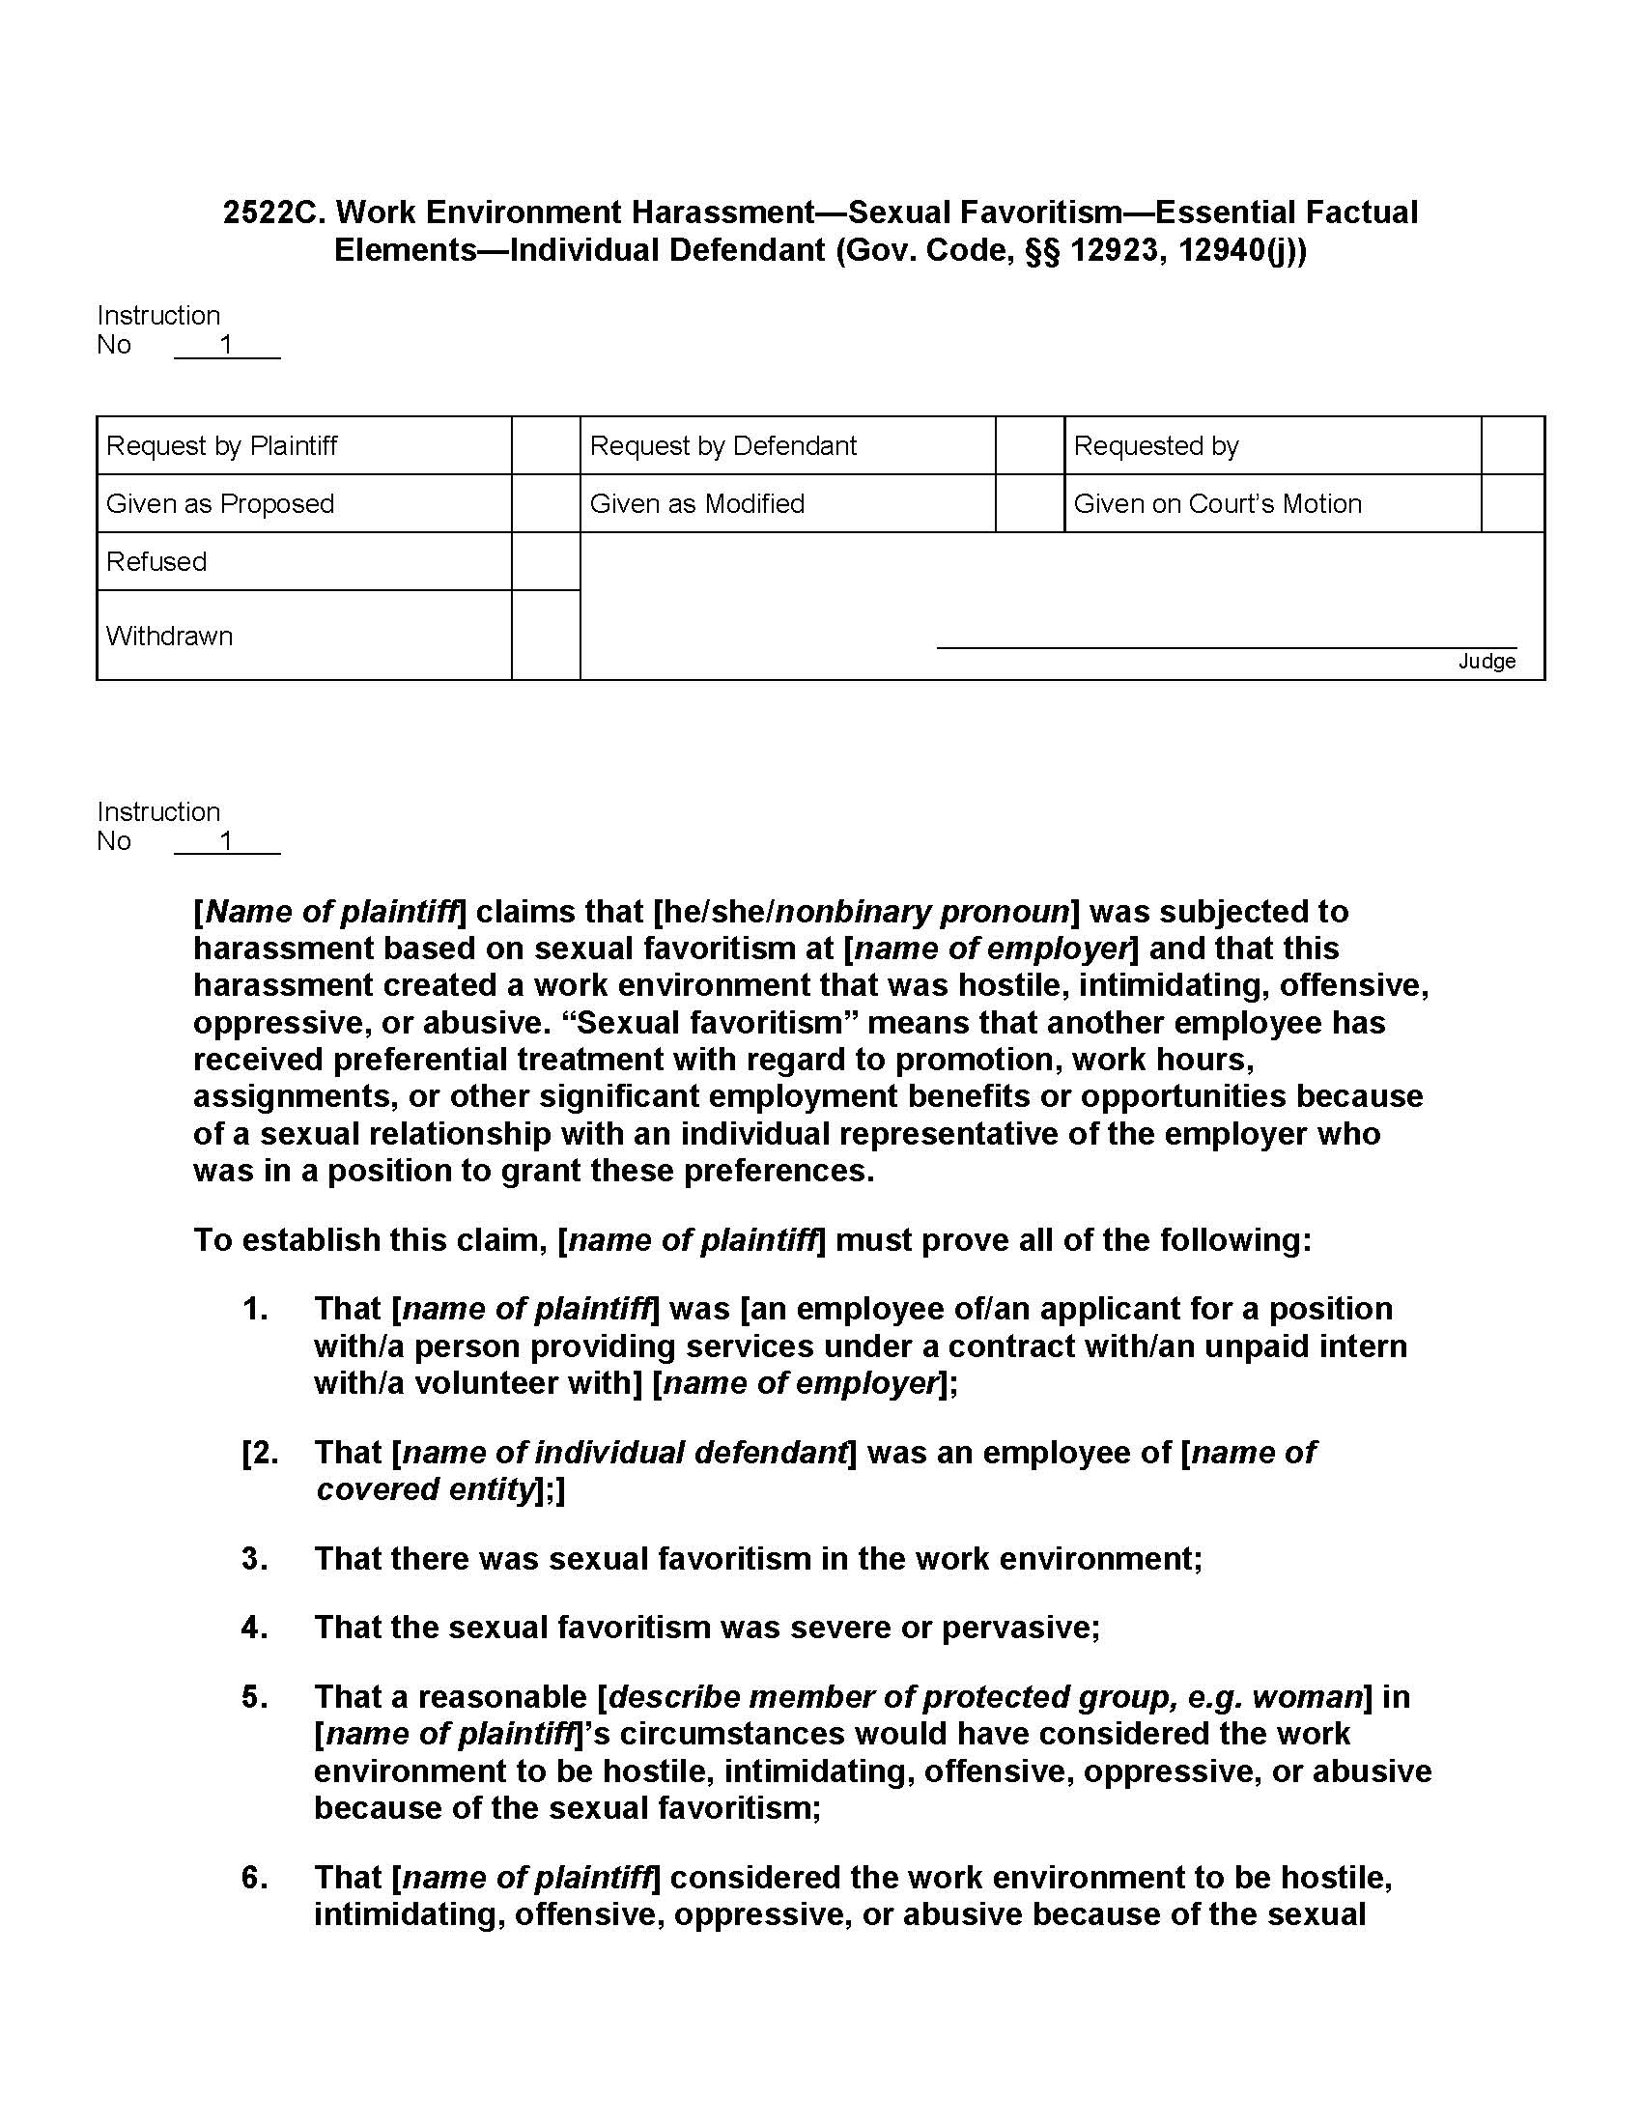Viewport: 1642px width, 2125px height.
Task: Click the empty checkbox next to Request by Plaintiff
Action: click(546, 445)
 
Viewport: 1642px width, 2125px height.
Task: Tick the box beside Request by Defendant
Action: click(1030, 445)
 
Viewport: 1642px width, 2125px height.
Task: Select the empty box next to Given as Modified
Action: click(1030, 503)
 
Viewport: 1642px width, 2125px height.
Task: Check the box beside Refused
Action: click(546, 561)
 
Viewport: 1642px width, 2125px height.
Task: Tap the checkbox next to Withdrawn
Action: click(546, 636)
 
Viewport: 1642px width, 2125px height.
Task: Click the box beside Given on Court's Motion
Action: click(1512, 503)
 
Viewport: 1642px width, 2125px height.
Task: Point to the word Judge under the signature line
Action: click(1486, 662)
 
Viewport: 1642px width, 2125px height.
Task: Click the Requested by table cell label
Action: click(1155, 445)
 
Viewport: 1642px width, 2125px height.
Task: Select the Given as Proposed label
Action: click(220, 503)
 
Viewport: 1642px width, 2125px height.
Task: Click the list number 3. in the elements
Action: click(255, 1558)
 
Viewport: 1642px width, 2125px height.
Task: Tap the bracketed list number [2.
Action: click(260, 1452)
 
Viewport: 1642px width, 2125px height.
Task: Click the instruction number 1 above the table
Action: click(227, 345)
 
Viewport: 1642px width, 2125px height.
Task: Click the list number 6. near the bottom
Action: click(255, 1877)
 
